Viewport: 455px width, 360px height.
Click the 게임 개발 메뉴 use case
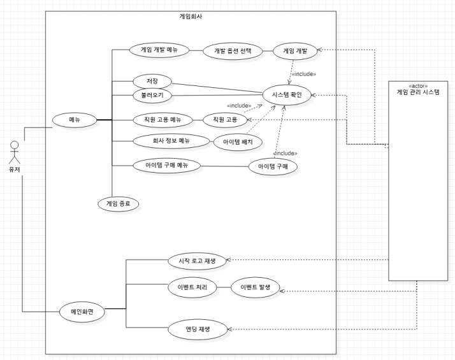click(x=159, y=49)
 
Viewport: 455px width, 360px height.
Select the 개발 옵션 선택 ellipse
click(x=232, y=52)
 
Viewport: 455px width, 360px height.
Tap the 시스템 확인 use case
click(x=286, y=96)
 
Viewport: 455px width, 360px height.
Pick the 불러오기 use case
click(x=148, y=96)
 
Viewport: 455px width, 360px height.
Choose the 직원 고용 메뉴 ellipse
click(x=159, y=119)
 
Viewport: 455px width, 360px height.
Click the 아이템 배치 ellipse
click(x=238, y=142)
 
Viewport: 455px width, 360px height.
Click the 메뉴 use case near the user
click(x=75, y=119)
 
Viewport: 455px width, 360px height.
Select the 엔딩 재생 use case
click(x=198, y=329)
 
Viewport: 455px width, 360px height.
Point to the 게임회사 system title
click(x=191, y=17)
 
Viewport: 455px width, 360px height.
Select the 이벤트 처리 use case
click(x=192, y=287)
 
